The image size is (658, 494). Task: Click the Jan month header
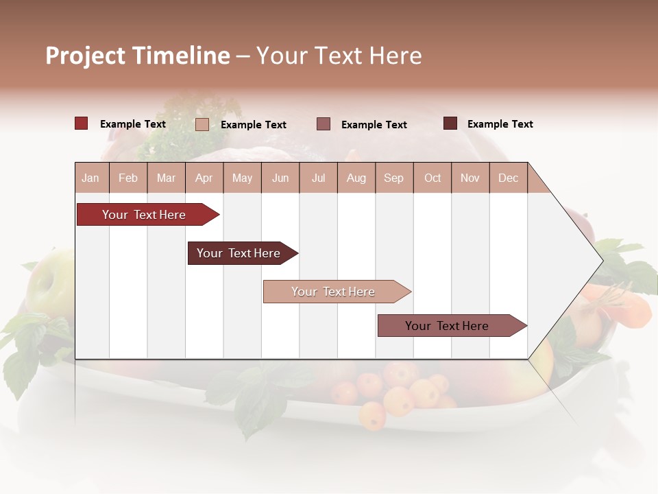click(x=91, y=178)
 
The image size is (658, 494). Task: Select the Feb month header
click(x=128, y=178)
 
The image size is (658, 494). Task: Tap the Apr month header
click(x=204, y=178)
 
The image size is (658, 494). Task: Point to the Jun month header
click(x=280, y=178)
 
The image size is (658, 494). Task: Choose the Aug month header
click(x=356, y=178)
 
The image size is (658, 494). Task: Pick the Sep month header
click(x=393, y=178)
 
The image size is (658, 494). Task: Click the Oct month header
click(x=432, y=178)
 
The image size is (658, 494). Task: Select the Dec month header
click(x=508, y=178)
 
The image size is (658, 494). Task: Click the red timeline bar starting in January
click(x=145, y=215)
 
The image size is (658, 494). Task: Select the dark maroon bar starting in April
click(x=239, y=253)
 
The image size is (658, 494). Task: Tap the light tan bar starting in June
click(x=334, y=292)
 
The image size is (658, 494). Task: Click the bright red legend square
click(x=82, y=123)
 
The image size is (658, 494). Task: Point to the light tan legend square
click(x=202, y=124)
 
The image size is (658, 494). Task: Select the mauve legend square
click(x=324, y=124)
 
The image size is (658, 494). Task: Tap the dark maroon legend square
click(x=450, y=123)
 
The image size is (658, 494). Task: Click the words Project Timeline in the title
click(x=138, y=56)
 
